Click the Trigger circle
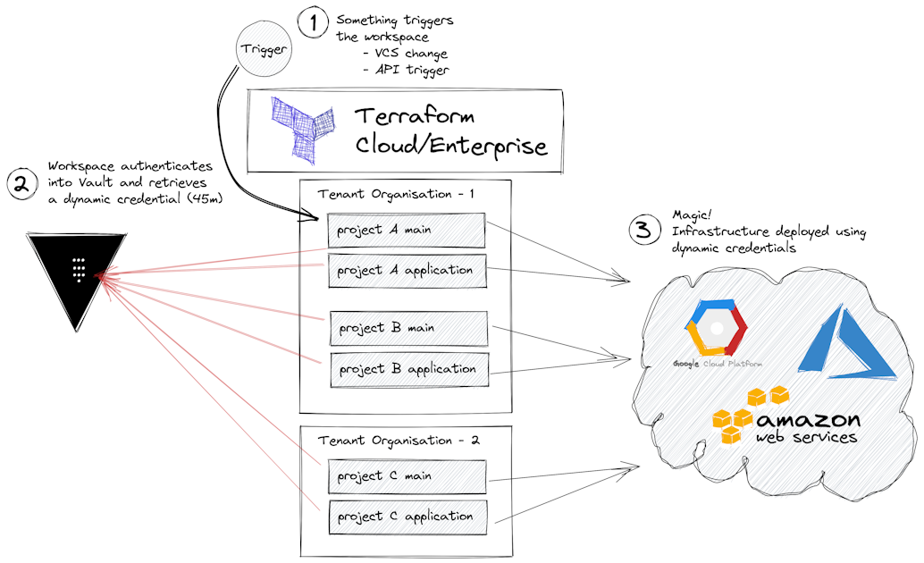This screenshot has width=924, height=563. click(264, 50)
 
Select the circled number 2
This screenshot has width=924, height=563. click(21, 184)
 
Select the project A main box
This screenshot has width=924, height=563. click(406, 231)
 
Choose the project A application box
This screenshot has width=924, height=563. click(406, 271)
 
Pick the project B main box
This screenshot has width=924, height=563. click(409, 328)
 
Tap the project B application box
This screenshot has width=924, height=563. click(409, 369)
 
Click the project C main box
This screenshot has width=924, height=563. click(407, 476)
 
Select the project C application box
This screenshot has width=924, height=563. click(407, 517)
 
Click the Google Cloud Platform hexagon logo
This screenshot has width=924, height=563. click(715, 330)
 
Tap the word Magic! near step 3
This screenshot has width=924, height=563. click(688, 216)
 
